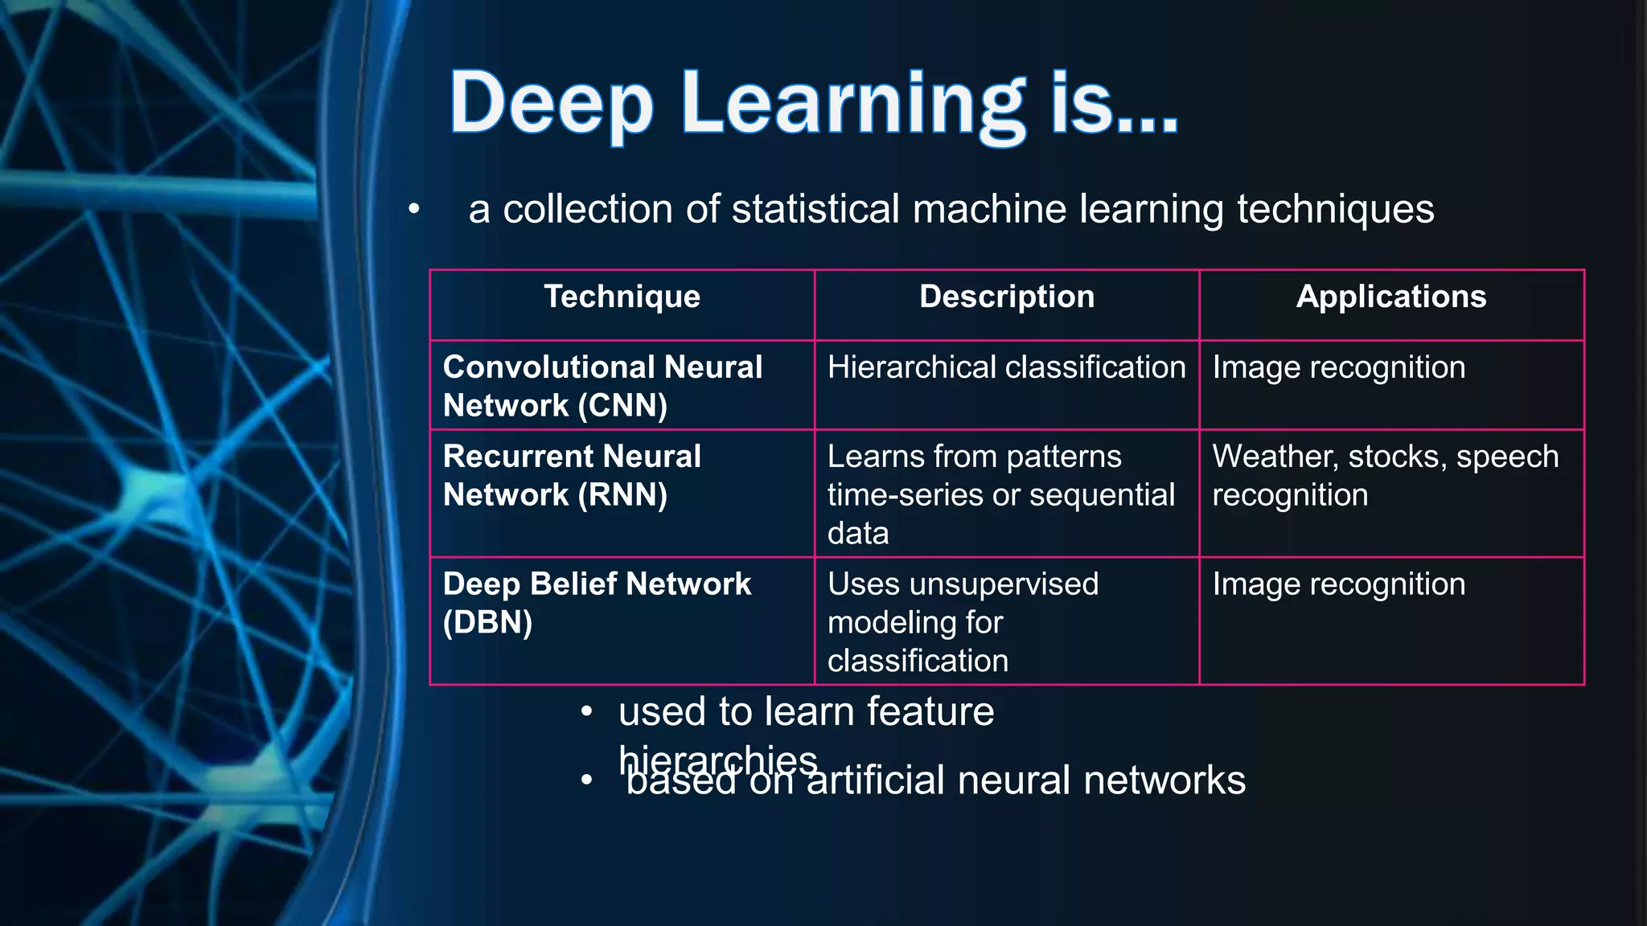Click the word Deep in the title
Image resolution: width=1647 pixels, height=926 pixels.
click(551, 104)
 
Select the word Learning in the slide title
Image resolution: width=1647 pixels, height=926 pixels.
click(852, 104)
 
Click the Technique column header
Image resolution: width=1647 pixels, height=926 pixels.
click(622, 297)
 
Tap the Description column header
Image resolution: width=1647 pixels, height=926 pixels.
click(1007, 297)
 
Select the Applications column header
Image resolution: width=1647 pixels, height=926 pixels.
click(1391, 297)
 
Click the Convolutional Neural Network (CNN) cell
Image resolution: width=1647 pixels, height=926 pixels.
click(602, 386)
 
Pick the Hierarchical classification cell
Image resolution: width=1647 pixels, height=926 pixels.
click(1006, 367)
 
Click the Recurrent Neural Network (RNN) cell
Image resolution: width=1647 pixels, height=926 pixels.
click(572, 475)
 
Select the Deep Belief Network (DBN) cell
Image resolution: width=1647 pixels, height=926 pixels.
click(597, 602)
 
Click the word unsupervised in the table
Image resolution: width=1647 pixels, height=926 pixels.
click(1004, 584)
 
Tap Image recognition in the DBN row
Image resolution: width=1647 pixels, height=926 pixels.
click(1338, 584)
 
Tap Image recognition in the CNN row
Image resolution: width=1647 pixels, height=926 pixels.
click(1338, 367)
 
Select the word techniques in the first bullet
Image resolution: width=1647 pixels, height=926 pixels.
click(1335, 209)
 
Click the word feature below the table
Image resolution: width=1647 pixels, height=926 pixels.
click(930, 711)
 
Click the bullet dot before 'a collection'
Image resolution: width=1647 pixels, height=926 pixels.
click(413, 210)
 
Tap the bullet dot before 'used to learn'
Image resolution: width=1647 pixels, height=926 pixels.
click(587, 712)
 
